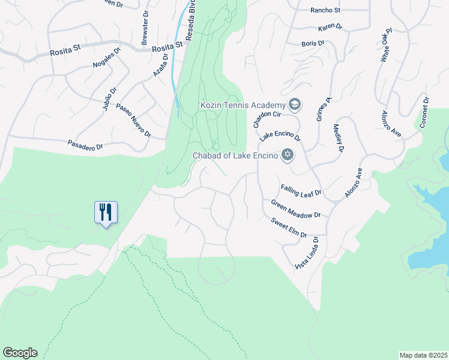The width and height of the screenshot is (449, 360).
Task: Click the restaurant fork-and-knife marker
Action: [x=106, y=212]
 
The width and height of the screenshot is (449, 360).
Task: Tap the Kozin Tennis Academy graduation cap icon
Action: [x=295, y=106]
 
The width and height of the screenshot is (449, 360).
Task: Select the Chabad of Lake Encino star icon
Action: [x=288, y=156]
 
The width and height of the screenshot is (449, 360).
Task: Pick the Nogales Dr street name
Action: [x=107, y=58]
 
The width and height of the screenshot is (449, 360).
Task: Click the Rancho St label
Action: [x=325, y=10]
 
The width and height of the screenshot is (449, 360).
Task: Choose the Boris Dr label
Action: [x=312, y=44]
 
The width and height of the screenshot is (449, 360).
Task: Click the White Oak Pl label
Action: [x=385, y=45]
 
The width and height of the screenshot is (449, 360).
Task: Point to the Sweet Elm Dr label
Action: [x=289, y=228]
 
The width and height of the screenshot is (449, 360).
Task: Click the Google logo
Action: [x=20, y=353]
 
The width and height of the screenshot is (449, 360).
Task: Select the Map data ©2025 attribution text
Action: [x=423, y=355]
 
